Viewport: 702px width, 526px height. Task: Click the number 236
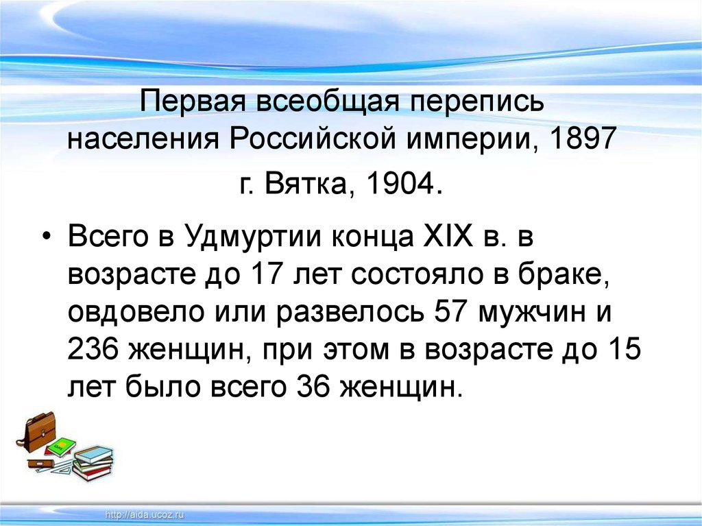point(92,350)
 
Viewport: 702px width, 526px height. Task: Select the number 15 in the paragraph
point(623,350)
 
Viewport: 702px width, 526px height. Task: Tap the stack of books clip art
point(93,463)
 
